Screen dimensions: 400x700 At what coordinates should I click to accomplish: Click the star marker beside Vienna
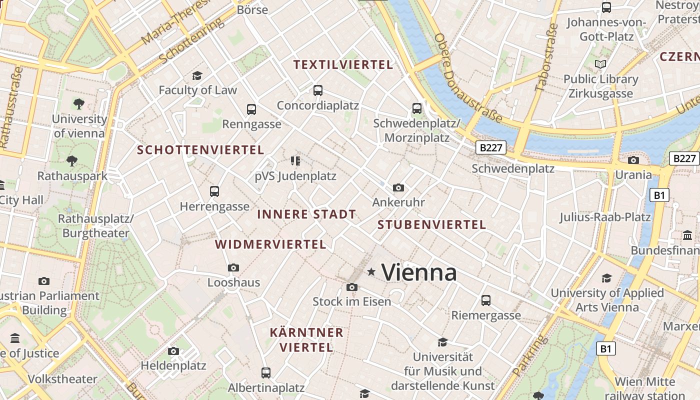(371, 272)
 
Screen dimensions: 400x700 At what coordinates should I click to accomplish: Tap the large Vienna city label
(419, 273)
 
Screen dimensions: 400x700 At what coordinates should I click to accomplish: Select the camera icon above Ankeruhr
(398, 188)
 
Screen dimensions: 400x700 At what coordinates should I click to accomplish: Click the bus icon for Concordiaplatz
(318, 90)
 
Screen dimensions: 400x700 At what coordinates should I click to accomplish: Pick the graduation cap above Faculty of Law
(197, 75)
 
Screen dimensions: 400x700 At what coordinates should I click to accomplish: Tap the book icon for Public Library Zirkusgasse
(600, 64)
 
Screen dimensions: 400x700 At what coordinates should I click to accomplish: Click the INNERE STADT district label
(306, 214)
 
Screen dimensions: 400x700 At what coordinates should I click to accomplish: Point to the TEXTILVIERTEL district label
(343, 64)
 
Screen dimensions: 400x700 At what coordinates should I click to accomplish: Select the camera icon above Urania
(633, 160)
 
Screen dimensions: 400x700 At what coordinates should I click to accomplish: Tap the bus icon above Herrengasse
(214, 191)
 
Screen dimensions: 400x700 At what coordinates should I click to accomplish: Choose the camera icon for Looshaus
(233, 268)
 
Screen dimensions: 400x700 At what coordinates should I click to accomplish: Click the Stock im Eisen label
(351, 301)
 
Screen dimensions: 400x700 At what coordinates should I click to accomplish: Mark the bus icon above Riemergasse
(486, 300)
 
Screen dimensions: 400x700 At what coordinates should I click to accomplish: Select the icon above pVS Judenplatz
(295, 161)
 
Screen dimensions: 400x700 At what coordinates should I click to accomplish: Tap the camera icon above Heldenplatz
(173, 351)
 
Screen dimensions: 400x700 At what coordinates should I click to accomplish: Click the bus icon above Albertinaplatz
(266, 373)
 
